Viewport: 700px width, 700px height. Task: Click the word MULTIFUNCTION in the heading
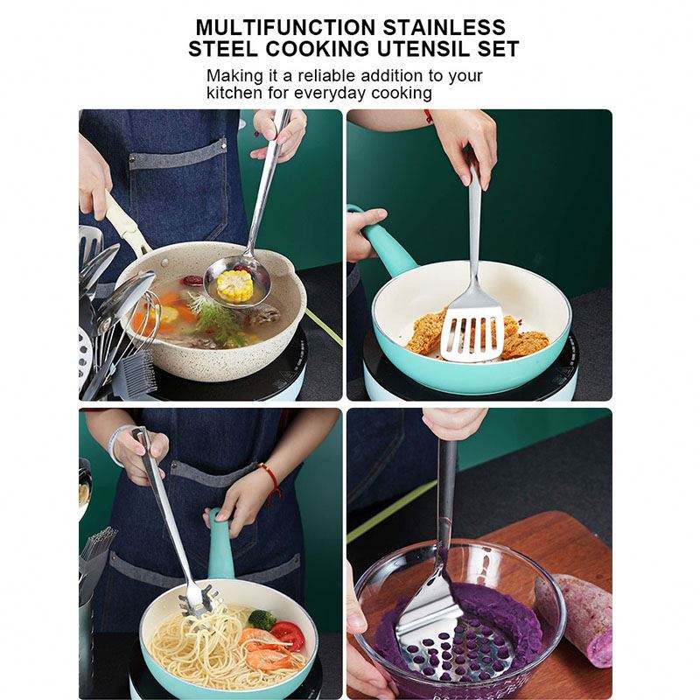click(x=286, y=28)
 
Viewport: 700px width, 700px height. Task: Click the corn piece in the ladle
click(x=234, y=285)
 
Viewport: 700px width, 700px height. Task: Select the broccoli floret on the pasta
click(x=262, y=619)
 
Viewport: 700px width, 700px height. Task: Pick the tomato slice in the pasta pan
click(x=288, y=635)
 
